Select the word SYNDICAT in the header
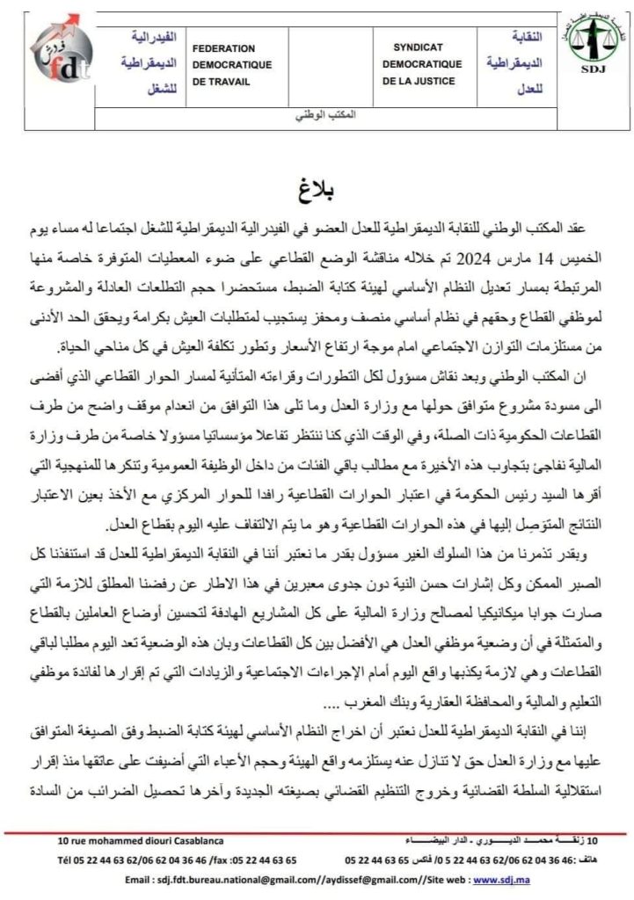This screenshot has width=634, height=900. (x=419, y=49)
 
